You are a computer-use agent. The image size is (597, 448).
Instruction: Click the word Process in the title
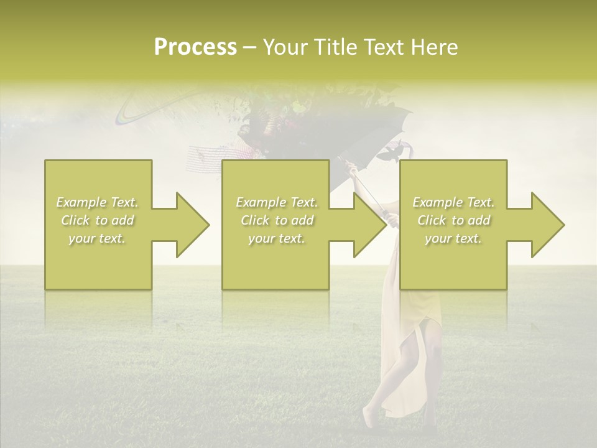[x=195, y=47]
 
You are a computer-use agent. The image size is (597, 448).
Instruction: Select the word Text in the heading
[x=386, y=47]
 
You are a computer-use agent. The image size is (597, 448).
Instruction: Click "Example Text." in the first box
[x=97, y=202]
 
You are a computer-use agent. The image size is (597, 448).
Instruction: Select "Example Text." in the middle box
[x=277, y=202]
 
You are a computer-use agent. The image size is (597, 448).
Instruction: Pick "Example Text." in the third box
[x=453, y=202]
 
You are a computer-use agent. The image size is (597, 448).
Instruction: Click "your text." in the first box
[x=97, y=238]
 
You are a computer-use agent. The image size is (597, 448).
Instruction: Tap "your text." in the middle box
[x=277, y=238]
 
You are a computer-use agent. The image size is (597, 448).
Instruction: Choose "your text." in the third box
[x=453, y=238]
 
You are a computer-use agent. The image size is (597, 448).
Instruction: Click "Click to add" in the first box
[x=97, y=220]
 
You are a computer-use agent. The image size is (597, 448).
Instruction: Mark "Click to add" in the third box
[x=453, y=220]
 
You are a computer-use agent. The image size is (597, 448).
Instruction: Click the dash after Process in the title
[x=250, y=47]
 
